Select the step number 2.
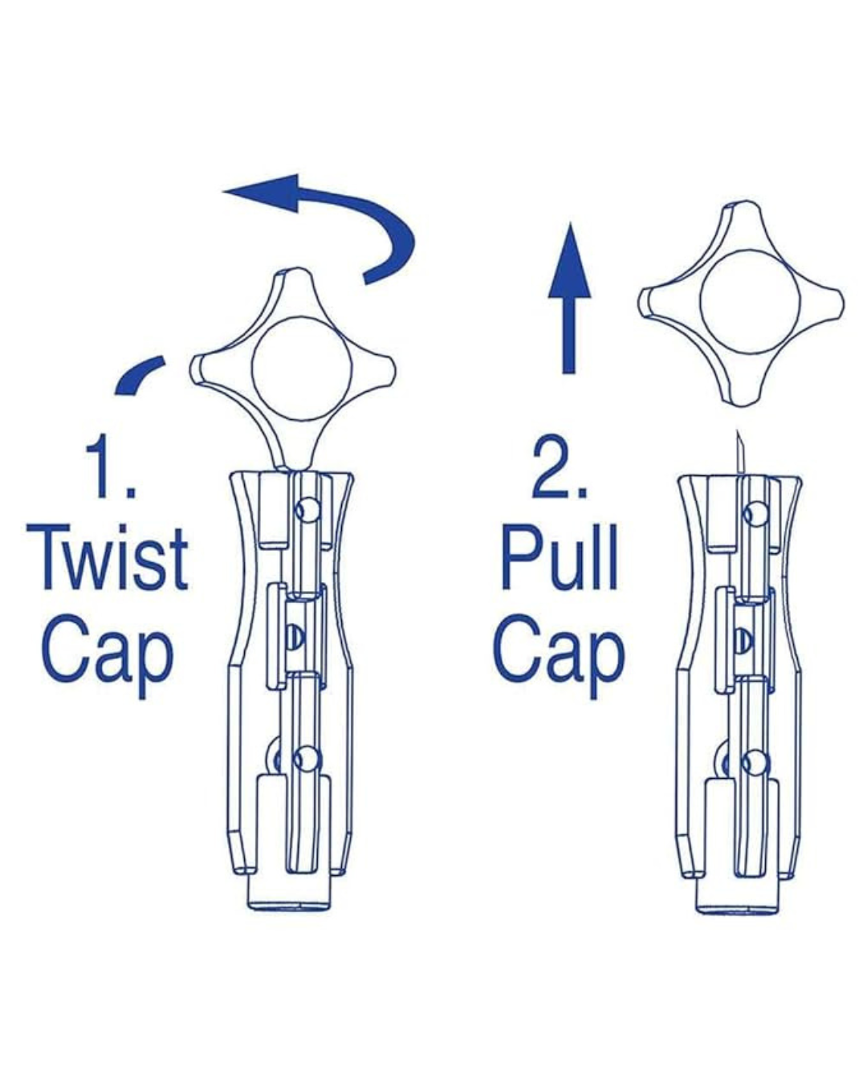pyautogui.click(x=559, y=467)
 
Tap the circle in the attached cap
pyautogui.click(x=301, y=369)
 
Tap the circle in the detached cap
pyautogui.click(x=749, y=303)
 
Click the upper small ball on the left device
pyautogui.click(x=308, y=510)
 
